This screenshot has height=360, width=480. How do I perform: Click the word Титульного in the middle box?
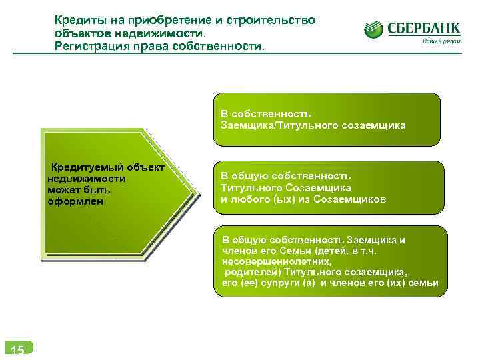click(x=249, y=187)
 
